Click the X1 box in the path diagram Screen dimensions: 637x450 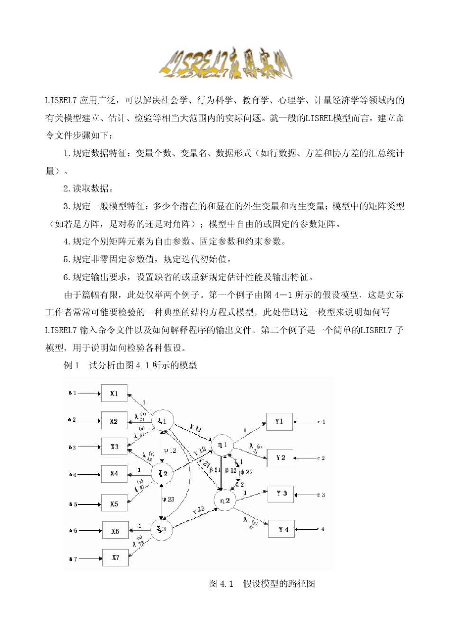[114, 393]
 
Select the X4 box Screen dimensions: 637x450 [114, 473]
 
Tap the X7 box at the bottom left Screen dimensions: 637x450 [116, 557]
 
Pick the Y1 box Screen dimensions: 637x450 [279, 421]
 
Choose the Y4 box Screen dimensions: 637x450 [283, 529]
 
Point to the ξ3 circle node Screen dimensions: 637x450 [162, 529]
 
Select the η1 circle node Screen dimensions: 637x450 [223, 445]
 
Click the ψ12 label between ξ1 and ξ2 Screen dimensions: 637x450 [170, 450]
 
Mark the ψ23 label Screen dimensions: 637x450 [168, 499]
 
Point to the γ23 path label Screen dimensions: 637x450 [198, 510]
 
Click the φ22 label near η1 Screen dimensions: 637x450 [246, 472]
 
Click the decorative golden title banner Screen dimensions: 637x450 [225, 65]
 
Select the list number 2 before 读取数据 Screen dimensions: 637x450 [66, 188]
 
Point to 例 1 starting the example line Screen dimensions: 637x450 [71, 365]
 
